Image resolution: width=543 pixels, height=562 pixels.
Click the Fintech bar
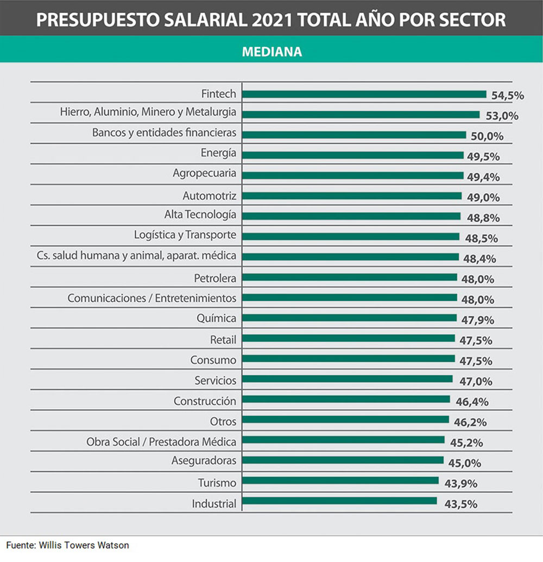click(x=364, y=94)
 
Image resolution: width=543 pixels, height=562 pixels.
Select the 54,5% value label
click(x=508, y=96)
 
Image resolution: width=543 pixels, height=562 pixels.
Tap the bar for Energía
click(x=352, y=155)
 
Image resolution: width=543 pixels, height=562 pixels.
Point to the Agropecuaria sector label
click(x=204, y=173)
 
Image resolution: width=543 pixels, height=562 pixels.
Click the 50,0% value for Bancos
click(x=487, y=136)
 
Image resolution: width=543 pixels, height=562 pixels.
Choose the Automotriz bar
click(x=351, y=195)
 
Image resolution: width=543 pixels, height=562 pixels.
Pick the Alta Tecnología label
click(x=200, y=214)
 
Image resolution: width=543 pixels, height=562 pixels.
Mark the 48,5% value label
click(x=482, y=238)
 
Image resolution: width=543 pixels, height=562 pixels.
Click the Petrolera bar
click(x=349, y=277)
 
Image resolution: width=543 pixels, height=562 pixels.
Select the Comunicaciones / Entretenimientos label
click(x=151, y=298)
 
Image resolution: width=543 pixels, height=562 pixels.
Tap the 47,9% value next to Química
click(x=478, y=320)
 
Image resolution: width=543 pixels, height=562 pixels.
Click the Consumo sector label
click(x=213, y=359)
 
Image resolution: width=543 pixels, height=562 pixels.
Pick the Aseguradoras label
click(x=204, y=460)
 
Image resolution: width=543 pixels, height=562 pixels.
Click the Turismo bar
click(x=340, y=481)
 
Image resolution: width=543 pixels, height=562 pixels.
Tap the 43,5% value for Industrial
click(x=460, y=503)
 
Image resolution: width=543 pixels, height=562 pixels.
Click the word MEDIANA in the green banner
click(x=271, y=52)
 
